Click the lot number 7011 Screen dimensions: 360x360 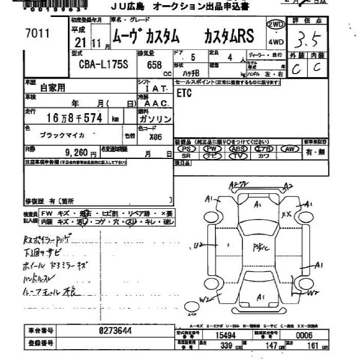[37, 33]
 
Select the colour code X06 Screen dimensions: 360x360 [156, 137]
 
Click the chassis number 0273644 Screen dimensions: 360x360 [115, 331]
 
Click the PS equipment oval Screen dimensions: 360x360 [186, 149]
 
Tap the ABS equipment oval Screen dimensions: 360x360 [239, 149]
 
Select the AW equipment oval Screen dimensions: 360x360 [290, 149]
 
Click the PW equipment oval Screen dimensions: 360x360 [212, 149]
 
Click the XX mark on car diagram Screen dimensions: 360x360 [286, 214]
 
